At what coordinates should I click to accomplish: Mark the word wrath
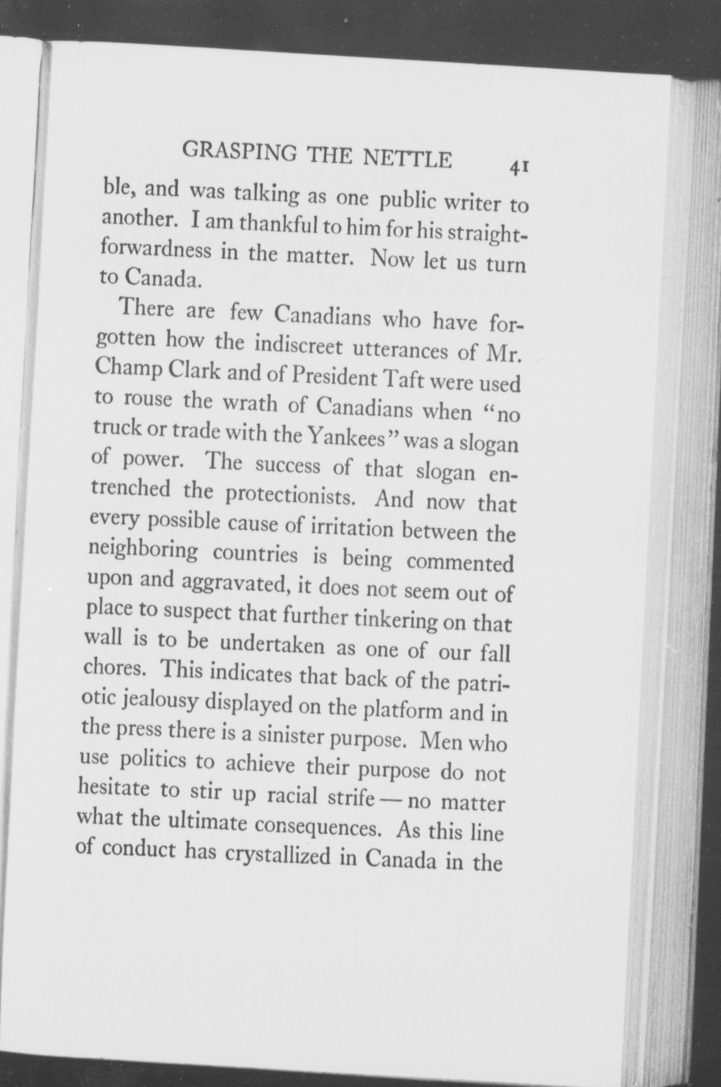pos(249,404)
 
